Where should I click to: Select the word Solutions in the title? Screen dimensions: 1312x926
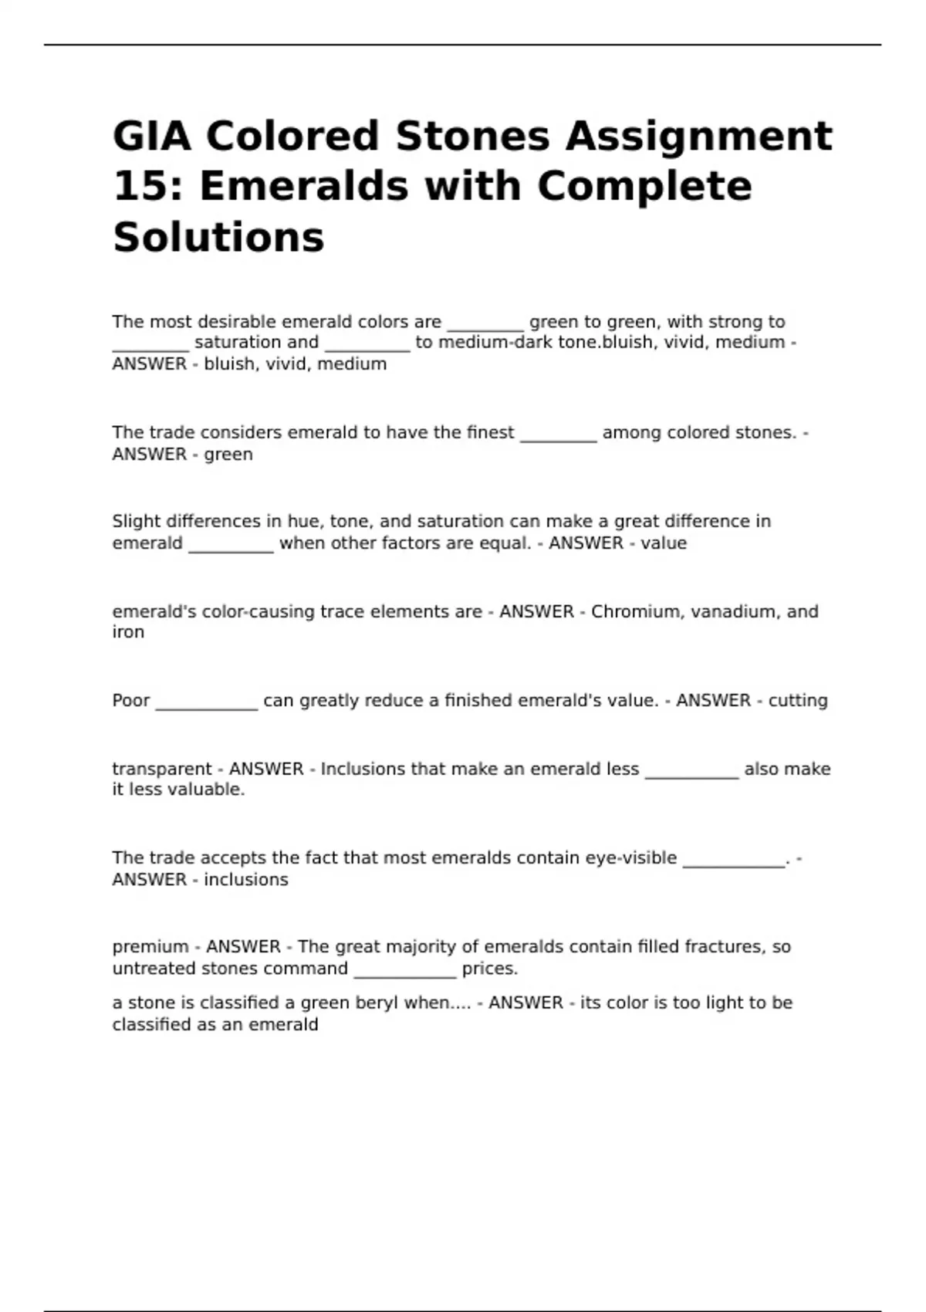click(218, 237)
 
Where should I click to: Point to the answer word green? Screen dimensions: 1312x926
click(228, 455)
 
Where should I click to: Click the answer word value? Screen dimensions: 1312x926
click(663, 543)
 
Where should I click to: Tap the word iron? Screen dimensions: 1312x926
click(128, 632)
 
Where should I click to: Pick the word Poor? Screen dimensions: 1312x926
click(131, 701)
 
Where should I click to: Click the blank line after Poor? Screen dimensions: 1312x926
click(206, 706)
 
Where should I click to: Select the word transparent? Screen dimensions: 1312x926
click(161, 769)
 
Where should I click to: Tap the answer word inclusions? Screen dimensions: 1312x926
click(245, 880)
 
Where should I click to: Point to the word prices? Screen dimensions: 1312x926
click(489, 969)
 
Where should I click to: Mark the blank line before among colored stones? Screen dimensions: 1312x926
click(558, 438)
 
